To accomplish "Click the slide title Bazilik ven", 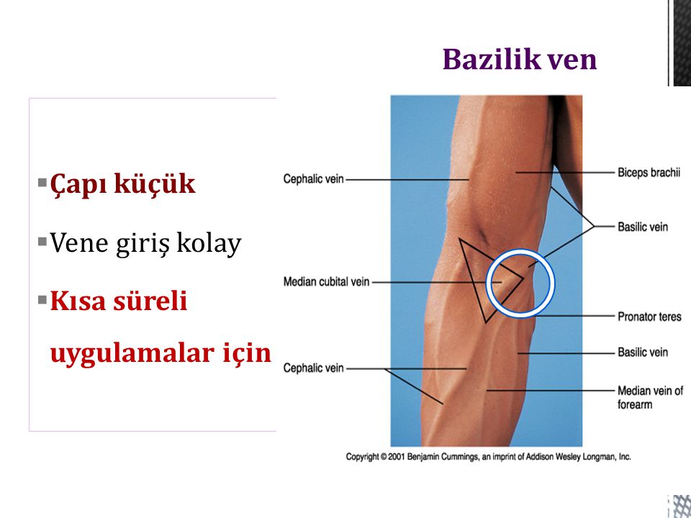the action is (x=520, y=59).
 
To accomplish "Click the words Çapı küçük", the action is (x=122, y=184).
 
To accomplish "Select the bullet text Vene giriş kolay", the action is (x=145, y=242).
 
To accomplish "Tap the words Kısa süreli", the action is (x=119, y=301).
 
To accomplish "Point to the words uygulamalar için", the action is (x=161, y=353).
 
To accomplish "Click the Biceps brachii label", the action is (x=649, y=172).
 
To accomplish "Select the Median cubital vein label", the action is (x=326, y=281).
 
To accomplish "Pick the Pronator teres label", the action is (x=649, y=317).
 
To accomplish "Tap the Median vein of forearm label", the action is (x=650, y=397).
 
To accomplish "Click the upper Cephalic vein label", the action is (x=313, y=179).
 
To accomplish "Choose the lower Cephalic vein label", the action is (x=313, y=368).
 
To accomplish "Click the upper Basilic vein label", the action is (x=643, y=227).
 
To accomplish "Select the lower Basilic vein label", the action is (x=643, y=352).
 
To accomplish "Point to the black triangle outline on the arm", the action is (x=472, y=281).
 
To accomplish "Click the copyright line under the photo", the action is (x=488, y=457).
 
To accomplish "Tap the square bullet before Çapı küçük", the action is (x=42, y=182).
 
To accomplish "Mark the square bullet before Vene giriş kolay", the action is (x=42, y=242).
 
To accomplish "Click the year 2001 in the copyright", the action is (x=396, y=457).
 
